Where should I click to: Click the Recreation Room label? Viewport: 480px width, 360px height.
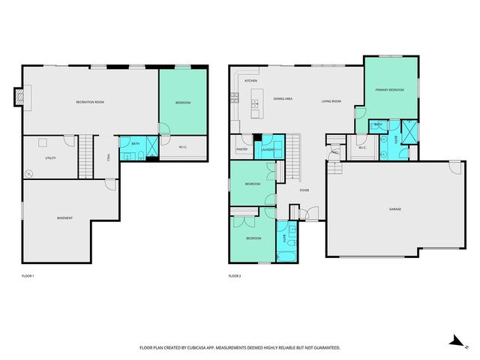89,102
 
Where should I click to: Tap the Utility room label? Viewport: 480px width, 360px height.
51,158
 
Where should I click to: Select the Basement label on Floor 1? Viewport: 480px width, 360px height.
65,218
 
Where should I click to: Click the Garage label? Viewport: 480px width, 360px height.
394,208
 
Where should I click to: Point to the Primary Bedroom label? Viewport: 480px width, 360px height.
390,90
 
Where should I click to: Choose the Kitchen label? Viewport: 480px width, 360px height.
251,80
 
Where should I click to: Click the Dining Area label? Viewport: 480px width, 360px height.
283,99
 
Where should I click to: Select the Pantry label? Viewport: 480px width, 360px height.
242,149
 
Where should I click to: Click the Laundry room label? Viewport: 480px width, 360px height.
267,149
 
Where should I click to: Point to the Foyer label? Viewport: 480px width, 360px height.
304,190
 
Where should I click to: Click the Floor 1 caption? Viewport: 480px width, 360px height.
28,276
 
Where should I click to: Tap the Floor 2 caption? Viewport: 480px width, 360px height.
235,276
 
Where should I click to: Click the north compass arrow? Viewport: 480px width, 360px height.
454,341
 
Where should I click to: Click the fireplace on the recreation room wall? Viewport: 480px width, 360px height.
18,97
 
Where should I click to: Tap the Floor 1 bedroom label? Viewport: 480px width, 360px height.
183,103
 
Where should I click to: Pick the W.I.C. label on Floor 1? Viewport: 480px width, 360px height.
183,147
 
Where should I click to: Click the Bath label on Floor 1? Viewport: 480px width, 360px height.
136,143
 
